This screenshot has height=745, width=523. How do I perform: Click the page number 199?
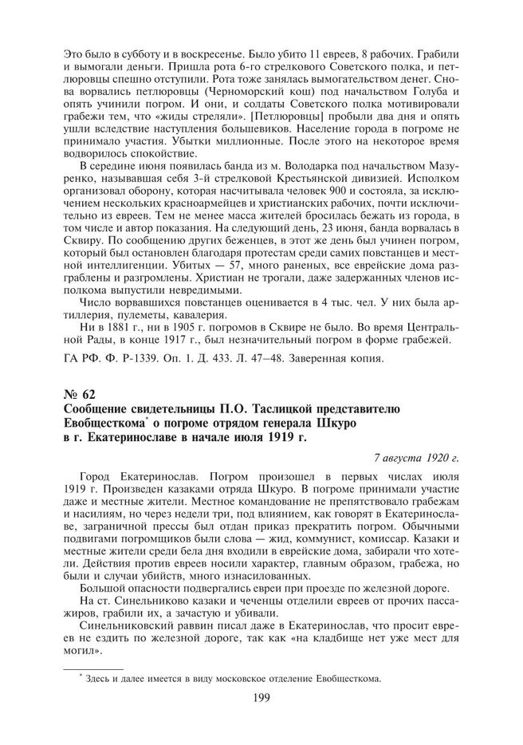(x=261, y=699)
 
